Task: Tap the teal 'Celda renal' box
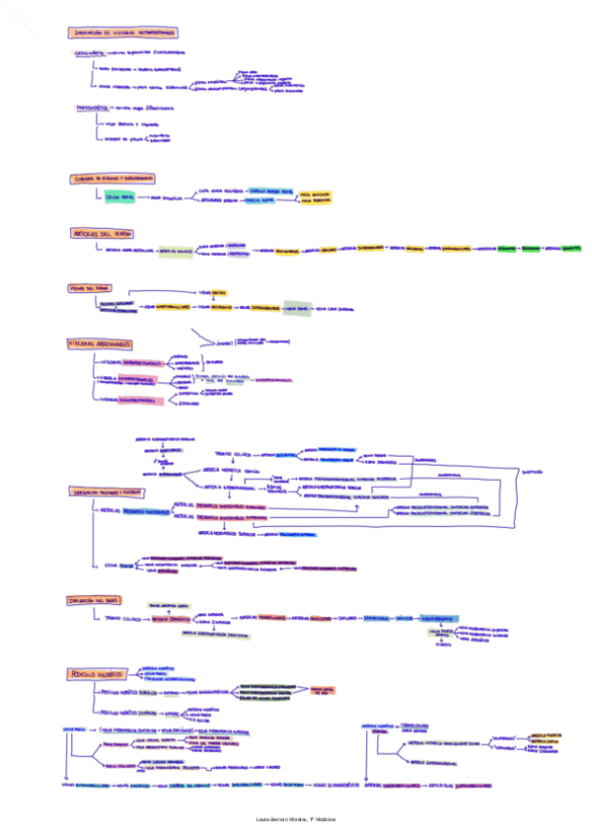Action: pyautogui.click(x=118, y=197)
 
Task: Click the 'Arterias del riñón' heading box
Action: pyautogui.click(x=103, y=233)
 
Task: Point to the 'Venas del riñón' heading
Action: pyautogui.click(x=87, y=287)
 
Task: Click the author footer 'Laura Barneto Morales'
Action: pyautogui.click(x=296, y=821)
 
